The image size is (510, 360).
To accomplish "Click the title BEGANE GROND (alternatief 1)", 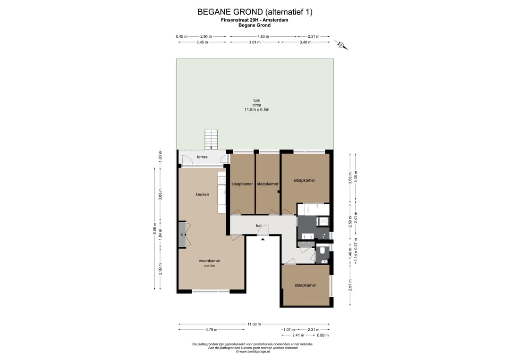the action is point(255,12).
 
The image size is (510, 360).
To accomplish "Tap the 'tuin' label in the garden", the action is point(256,100).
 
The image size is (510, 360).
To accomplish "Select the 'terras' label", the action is point(202,157).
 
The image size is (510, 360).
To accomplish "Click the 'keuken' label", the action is point(202,194).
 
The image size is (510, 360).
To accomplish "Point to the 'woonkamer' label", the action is point(210,260).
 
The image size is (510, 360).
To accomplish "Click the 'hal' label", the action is point(259,226).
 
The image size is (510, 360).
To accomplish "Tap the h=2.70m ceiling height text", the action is point(210,266).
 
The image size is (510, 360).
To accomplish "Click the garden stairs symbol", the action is point(211,140).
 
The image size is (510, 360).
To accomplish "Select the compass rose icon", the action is point(341,45).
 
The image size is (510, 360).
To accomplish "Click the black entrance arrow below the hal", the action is point(263,240).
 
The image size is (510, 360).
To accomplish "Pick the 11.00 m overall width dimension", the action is point(254,324).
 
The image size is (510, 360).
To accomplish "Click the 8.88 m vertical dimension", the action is point(155,228).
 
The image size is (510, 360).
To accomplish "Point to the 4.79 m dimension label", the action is point(211,329).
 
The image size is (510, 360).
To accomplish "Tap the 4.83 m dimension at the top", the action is point(263,36).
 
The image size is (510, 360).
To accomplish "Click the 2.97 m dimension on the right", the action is point(350,285).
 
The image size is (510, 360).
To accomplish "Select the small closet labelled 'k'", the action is point(182,234).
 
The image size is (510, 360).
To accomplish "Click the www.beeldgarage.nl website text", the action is point(253,352).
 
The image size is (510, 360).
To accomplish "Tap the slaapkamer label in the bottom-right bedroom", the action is point(306,285).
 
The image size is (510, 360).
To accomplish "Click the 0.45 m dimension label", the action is point(181,36).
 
